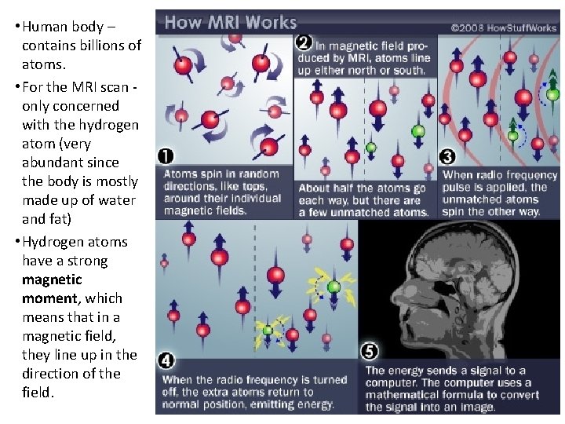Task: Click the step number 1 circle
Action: click(x=166, y=155)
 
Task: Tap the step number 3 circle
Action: click(x=448, y=157)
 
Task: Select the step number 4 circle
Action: click(x=166, y=362)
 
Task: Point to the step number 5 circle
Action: click(x=369, y=351)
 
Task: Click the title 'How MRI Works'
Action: click(x=230, y=22)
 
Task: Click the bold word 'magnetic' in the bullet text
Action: click(x=52, y=280)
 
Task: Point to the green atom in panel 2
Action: click(x=418, y=130)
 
